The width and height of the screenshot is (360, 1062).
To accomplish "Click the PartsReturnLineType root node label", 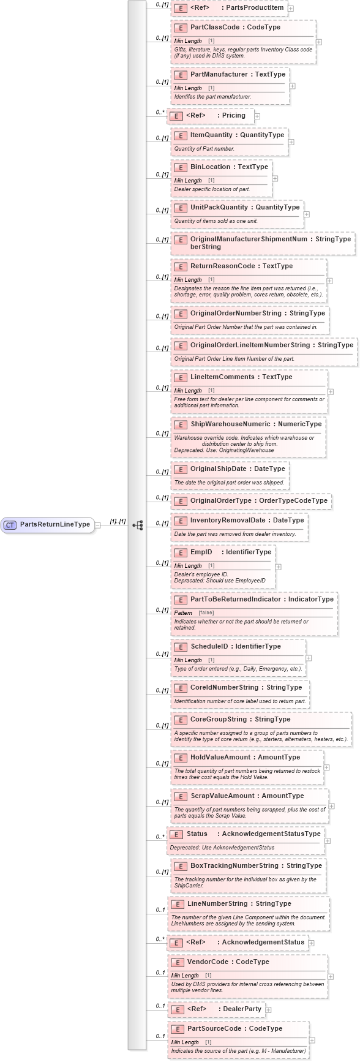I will (x=55, y=524).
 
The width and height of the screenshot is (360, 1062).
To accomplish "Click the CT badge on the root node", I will (x=10, y=525).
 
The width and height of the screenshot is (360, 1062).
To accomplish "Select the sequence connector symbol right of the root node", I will (x=138, y=525).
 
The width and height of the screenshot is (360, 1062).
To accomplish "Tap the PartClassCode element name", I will (x=210, y=28).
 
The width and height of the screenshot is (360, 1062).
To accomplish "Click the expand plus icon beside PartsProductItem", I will (x=291, y=9).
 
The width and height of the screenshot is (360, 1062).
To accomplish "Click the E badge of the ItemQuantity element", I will (x=180, y=135).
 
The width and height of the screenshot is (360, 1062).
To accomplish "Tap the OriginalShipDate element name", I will (x=218, y=469).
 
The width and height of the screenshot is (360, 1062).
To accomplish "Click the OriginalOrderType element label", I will (x=220, y=500).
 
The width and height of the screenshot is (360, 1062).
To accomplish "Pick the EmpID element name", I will (x=201, y=552).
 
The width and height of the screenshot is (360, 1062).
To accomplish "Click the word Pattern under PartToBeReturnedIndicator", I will (x=183, y=612).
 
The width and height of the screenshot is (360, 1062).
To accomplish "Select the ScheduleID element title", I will (x=209, y=646).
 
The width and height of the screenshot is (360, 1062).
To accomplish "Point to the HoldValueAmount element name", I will (x=220, y=757).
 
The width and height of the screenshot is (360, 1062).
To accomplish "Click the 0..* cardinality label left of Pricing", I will (x=160, y=112).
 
